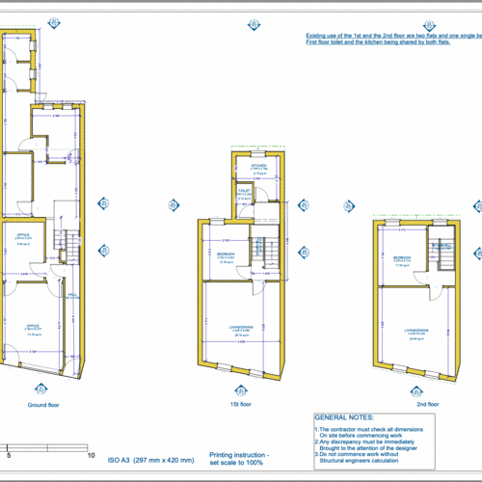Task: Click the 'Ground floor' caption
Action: coord(42,406)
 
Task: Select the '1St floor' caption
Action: coord(240,406)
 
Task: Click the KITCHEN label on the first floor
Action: coord(258,166)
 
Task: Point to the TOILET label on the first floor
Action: coord(244,191)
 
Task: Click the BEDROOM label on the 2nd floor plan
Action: coord(402,257)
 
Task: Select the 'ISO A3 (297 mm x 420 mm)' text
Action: coord(149,459)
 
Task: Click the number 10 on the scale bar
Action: coord(91,454)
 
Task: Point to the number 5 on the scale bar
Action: coord(9,454)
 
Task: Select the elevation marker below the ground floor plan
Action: coord(41,388)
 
